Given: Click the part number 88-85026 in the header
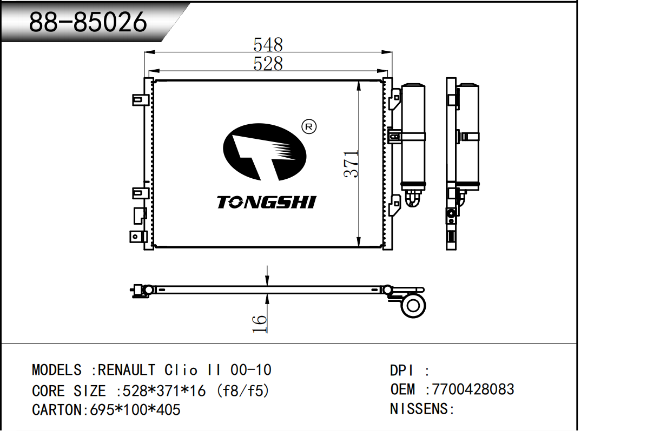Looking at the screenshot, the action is click(x=88, y=22).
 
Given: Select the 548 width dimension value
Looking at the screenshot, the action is click(x=268, y=44).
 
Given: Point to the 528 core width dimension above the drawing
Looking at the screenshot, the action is click(x=268, y=63).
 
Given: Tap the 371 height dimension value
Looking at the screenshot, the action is click(x=351, y=164).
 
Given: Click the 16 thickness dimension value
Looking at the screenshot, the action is click(x=260, y=324).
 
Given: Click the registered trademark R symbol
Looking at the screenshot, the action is click(x=309, y=127).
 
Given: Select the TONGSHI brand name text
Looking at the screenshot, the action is click(x=266, y=203).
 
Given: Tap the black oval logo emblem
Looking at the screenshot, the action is click(x=265, y=152).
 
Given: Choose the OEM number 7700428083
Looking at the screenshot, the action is click(x=473, y=389).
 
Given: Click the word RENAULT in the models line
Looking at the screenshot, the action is click(x=127, y=370).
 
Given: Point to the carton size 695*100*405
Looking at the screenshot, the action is click(x=135, y=409).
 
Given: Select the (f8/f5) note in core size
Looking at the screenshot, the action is click(x=243, y=390).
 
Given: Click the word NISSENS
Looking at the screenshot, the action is click(x=419, y=409).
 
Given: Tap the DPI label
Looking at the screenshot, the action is click(x=402, y=371).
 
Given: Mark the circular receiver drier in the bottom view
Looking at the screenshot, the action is click(x=413, y=306).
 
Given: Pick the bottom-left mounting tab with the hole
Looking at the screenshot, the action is click(x=138, y=237).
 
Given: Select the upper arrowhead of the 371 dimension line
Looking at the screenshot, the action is click(x=359, y=86).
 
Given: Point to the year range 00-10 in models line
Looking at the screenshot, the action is click(x=250, y=370).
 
